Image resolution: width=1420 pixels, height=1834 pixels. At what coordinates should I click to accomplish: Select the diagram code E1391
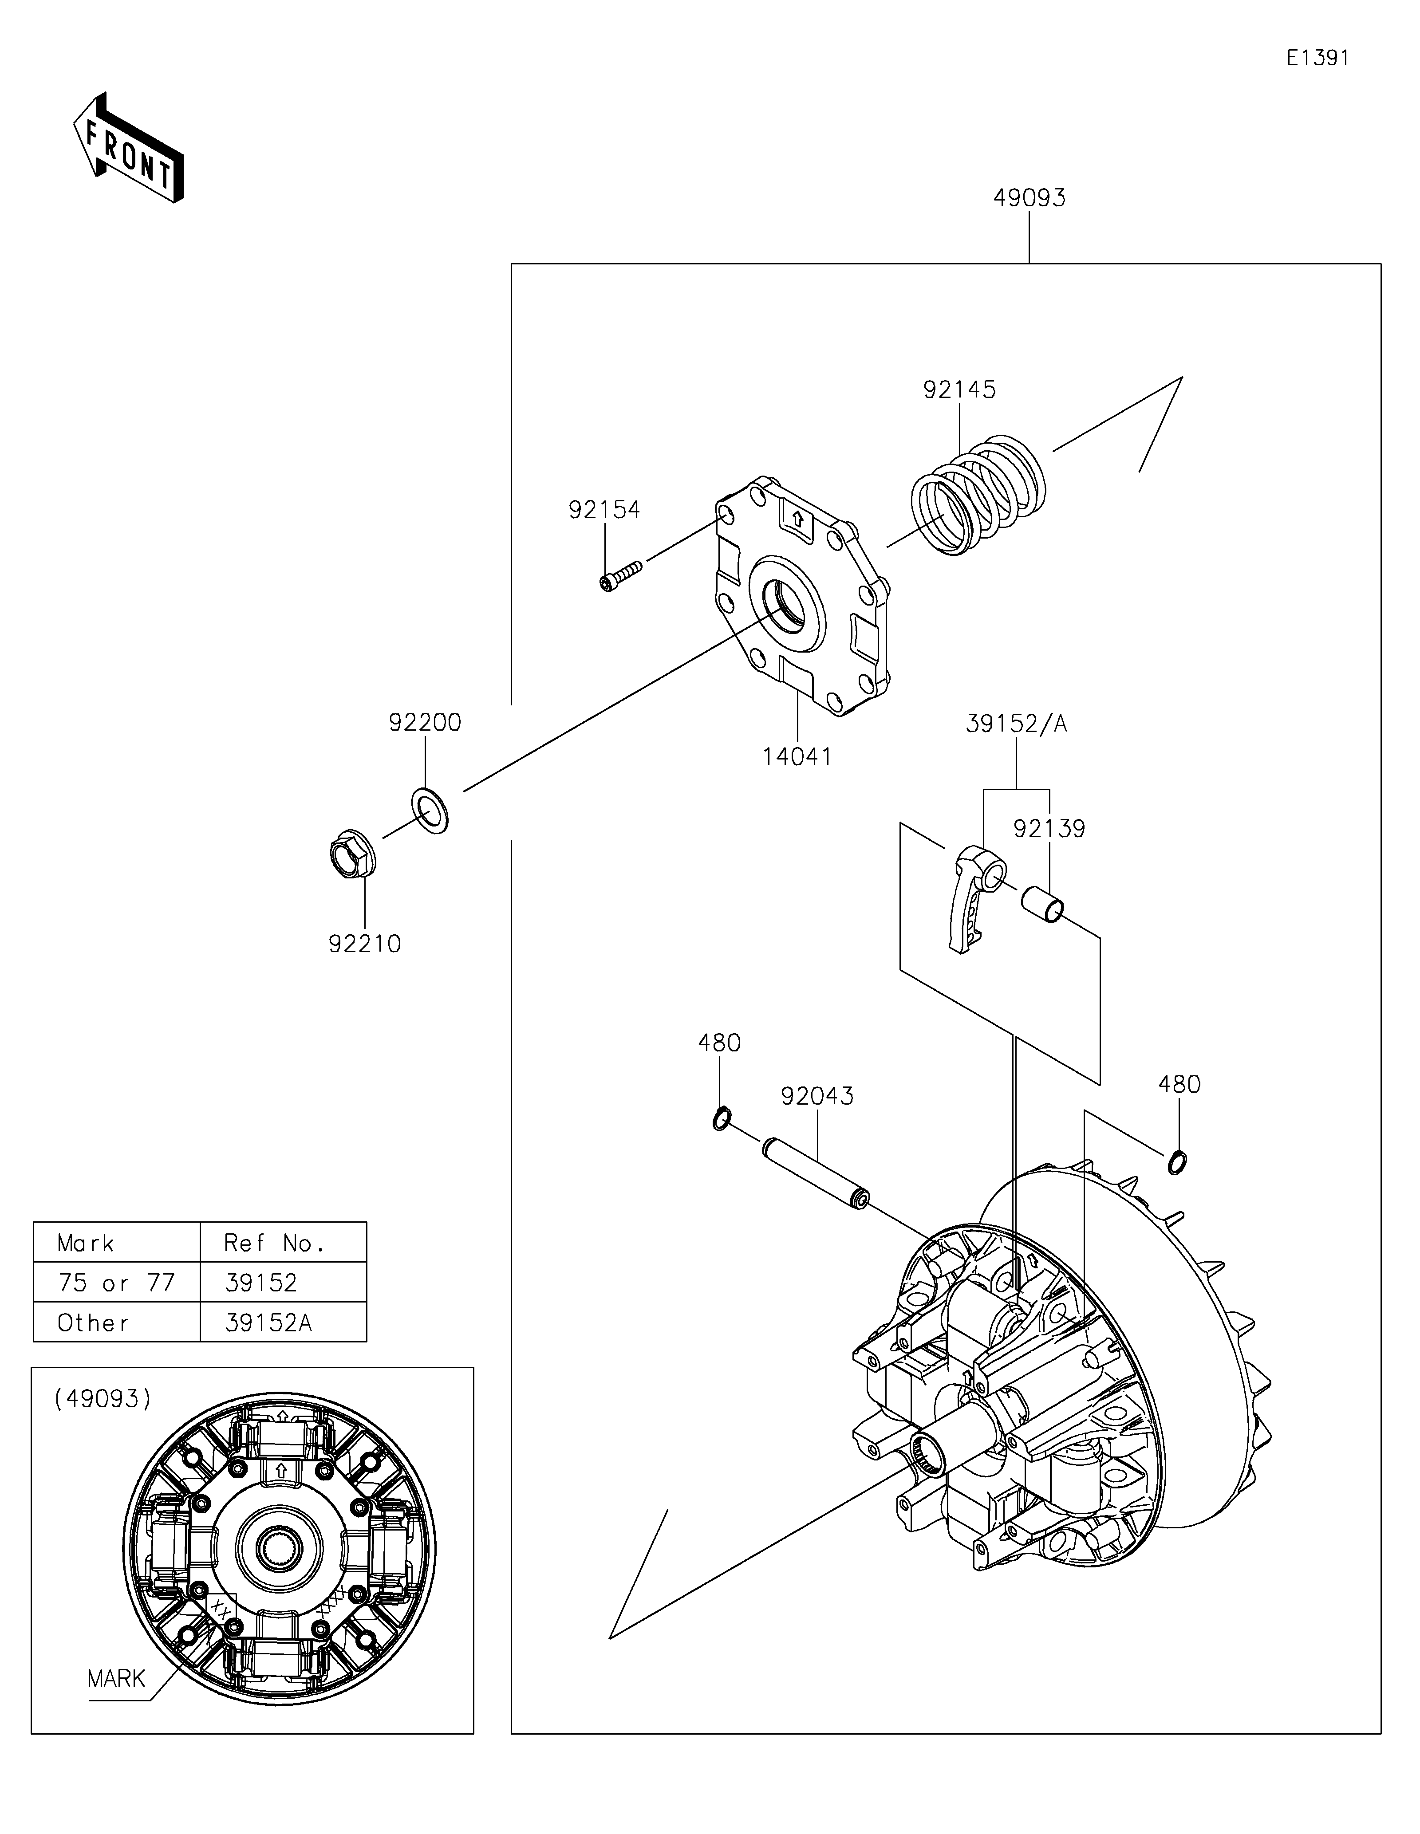tap(1317, 58)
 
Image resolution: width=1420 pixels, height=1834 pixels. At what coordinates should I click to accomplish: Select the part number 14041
tap(797, 756)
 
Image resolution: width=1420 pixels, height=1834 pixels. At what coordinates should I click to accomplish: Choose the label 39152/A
tap(1016, 724)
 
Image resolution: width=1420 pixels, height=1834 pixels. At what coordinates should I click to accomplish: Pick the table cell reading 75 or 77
tap(117, 1282)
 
